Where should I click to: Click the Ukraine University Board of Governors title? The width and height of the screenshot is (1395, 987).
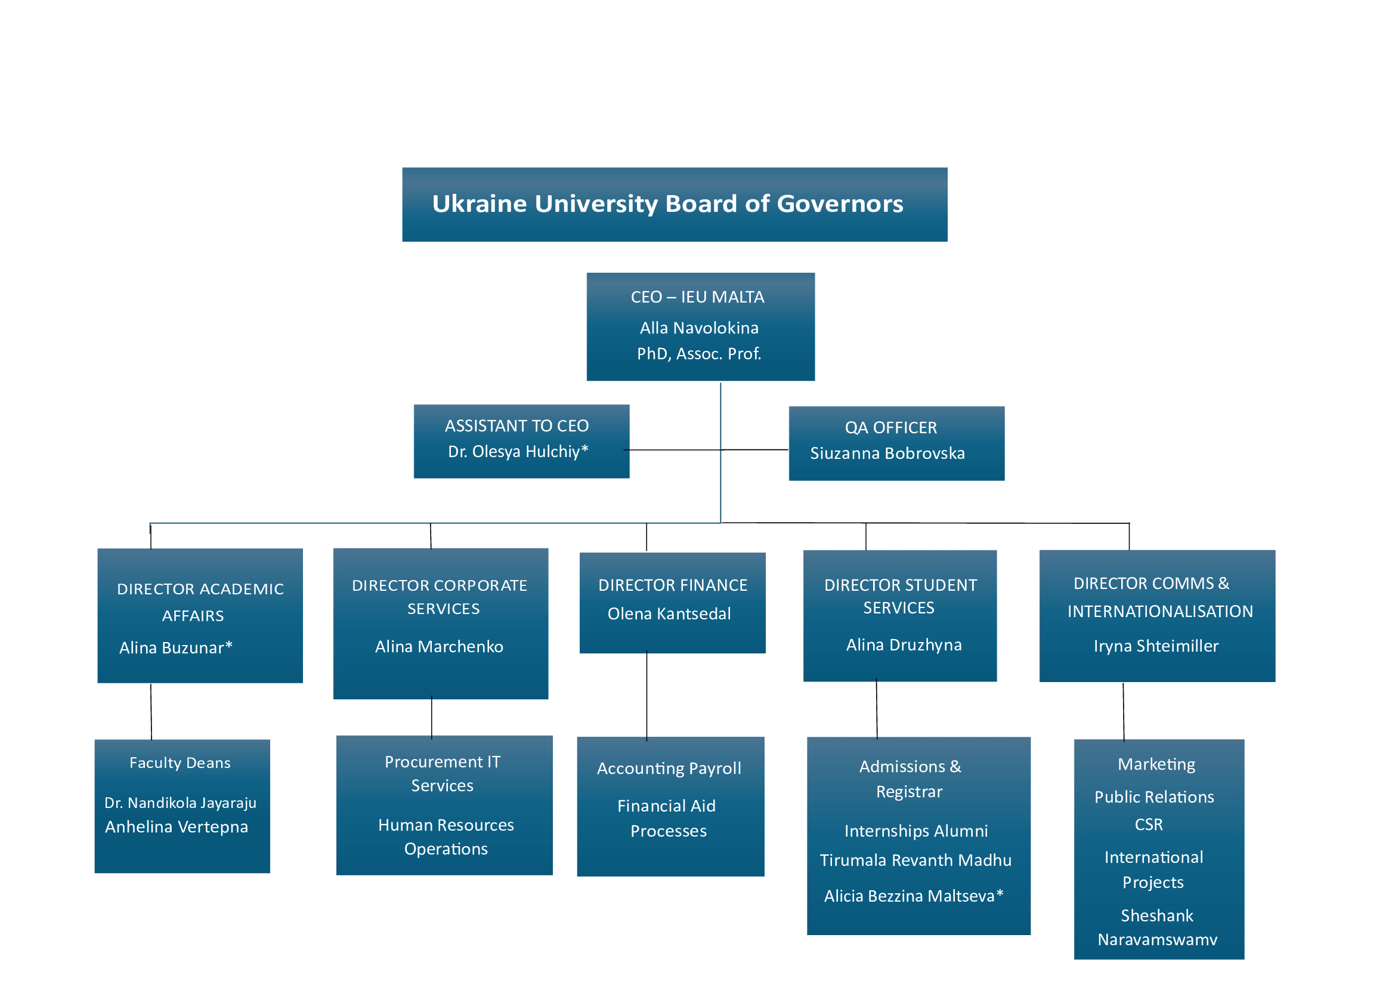668,204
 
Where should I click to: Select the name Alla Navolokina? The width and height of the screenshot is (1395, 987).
699,328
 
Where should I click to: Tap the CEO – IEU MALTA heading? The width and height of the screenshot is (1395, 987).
697,297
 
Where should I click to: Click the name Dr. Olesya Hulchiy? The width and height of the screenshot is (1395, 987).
518,452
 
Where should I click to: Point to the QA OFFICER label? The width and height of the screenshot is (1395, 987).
890,428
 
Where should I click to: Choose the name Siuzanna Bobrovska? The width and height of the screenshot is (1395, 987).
887,454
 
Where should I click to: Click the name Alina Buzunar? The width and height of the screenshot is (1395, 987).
175,648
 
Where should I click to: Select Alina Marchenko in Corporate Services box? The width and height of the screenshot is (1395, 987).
439,647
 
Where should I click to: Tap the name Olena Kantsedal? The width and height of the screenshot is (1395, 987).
669,614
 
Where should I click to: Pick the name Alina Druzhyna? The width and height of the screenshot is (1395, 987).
904,645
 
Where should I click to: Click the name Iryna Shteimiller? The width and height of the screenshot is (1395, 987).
1156,646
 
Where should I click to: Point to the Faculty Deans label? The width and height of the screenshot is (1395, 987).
180,763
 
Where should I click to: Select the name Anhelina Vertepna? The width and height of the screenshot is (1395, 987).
176,827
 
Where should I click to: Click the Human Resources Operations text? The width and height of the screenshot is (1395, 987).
446,837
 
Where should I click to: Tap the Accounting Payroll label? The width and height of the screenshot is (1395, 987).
669,769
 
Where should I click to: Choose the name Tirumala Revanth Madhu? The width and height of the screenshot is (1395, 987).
915,860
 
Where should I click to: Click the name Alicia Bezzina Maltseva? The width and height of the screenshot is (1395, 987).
913,896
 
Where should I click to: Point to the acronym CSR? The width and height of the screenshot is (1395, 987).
1148,825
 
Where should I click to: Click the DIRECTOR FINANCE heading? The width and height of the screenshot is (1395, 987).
673,585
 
